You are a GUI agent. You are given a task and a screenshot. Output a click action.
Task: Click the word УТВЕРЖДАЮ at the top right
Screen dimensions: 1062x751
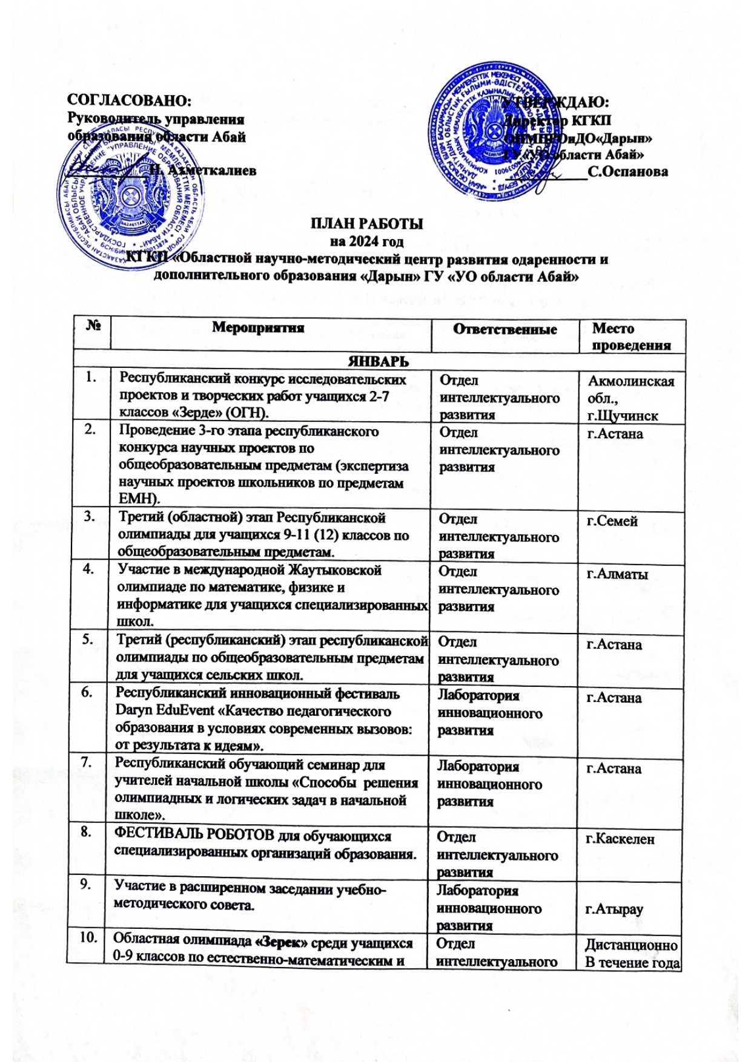[x=557, y=101]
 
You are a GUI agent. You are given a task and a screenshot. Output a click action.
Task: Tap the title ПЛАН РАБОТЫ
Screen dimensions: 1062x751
[x=367, y=224]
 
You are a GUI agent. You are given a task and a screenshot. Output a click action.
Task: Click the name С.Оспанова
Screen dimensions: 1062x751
[x=627, y=172]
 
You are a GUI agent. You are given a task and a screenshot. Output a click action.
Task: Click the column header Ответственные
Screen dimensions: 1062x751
[x=505, y=329]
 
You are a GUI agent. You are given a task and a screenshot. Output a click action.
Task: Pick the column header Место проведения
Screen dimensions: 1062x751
[x=630, y=337]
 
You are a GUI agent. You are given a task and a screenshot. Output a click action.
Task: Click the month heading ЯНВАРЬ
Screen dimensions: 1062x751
[x=377, y=361]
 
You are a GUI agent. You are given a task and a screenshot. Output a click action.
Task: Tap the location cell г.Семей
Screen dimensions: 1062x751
[x=612, y=521]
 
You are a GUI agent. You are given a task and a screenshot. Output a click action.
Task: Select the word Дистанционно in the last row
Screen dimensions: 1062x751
[x=630, y=945]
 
